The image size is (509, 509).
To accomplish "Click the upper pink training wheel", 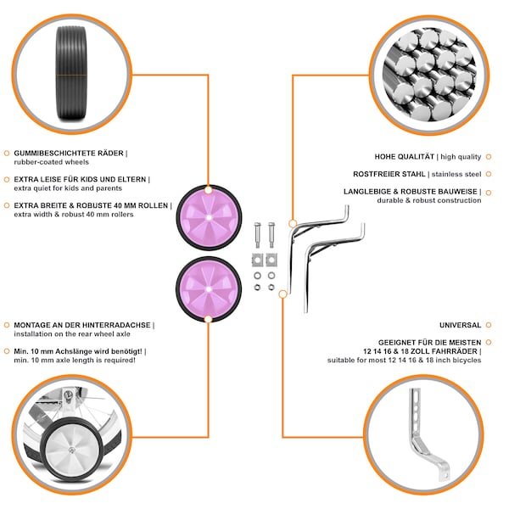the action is [209, 217].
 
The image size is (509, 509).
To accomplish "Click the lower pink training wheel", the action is [209, 289].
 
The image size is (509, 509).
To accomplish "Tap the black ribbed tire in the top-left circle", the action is [72, 73].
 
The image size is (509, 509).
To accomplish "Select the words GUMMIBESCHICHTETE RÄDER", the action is [69, 154].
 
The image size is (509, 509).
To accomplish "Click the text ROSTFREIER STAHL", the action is [389, 174].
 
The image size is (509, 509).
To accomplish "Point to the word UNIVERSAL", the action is [460, 325].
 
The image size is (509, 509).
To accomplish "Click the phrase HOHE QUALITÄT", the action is [404, 156].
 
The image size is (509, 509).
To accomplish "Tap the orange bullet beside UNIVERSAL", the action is [489, 325].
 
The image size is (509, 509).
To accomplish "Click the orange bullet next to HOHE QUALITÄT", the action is [489, 157].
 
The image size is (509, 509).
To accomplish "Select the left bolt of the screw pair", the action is [257, 235].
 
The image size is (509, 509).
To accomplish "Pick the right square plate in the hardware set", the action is [271, 260].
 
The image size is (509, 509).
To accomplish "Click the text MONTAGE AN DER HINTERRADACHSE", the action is [82, 325].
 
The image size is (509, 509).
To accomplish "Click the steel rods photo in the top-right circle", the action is [429, 75].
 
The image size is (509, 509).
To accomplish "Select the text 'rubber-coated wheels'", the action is [51, 162].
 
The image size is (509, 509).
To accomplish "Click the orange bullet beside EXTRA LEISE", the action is [7, 180].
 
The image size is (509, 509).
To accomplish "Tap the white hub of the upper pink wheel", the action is [209, 217].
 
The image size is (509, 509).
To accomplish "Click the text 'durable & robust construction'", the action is [428, 200].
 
